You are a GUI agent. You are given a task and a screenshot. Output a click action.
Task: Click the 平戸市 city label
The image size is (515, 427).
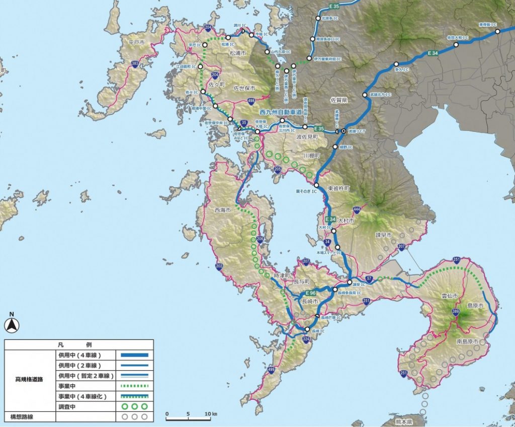point(136,43)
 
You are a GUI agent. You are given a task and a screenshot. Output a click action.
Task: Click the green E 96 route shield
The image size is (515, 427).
point(310,293)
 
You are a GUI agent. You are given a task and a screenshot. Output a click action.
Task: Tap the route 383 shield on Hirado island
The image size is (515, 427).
point(135,64)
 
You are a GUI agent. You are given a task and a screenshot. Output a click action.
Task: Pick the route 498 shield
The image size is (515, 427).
point(251,101)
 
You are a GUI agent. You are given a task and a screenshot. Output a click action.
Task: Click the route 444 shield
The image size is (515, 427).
point(357,209)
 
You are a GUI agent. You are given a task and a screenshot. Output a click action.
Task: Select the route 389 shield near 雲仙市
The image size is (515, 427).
point(456,313)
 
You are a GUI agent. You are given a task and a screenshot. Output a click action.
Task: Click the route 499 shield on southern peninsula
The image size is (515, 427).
point(272,371)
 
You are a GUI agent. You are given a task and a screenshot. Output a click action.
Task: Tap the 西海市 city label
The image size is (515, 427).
point(222,209)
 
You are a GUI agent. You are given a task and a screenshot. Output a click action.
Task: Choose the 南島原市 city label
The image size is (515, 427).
point(467,341)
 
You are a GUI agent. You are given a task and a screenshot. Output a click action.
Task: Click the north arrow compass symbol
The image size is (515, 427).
point(11,325)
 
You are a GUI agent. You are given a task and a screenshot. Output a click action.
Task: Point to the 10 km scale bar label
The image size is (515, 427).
point(211,414)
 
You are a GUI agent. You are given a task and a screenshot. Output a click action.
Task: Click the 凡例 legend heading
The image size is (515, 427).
point(78,345)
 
